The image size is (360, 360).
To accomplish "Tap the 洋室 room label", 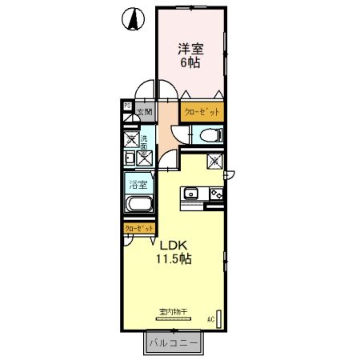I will [x=190, y=49].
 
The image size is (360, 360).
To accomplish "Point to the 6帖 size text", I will [x=190, y=62].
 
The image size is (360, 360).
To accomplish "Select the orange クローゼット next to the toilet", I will [x=202, y=112].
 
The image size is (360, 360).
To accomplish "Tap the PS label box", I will [x=127, y=105].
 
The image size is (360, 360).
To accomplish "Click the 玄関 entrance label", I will [x=143, y=113].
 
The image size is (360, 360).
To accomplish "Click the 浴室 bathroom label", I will [x=138, y=185].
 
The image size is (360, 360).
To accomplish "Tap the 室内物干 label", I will [x=172, y=311].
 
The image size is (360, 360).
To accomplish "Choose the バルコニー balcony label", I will [x=174, y=345].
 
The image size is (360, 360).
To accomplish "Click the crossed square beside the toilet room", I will [x=214, y=161].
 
